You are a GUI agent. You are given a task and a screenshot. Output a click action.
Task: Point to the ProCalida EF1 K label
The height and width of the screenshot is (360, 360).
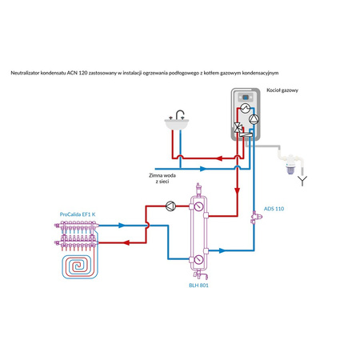pos(77,214)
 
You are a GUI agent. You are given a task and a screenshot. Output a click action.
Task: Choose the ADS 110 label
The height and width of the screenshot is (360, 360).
pos(274,209)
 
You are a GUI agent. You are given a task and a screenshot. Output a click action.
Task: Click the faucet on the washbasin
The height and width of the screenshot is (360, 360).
pos(181,114)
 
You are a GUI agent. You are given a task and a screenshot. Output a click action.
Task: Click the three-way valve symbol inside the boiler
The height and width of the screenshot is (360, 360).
pos(238,127)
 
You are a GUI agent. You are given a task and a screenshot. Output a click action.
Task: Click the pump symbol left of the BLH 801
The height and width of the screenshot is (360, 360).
pos(170,206)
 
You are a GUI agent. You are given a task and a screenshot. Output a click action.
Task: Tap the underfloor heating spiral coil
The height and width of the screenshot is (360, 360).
pos(81,265)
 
